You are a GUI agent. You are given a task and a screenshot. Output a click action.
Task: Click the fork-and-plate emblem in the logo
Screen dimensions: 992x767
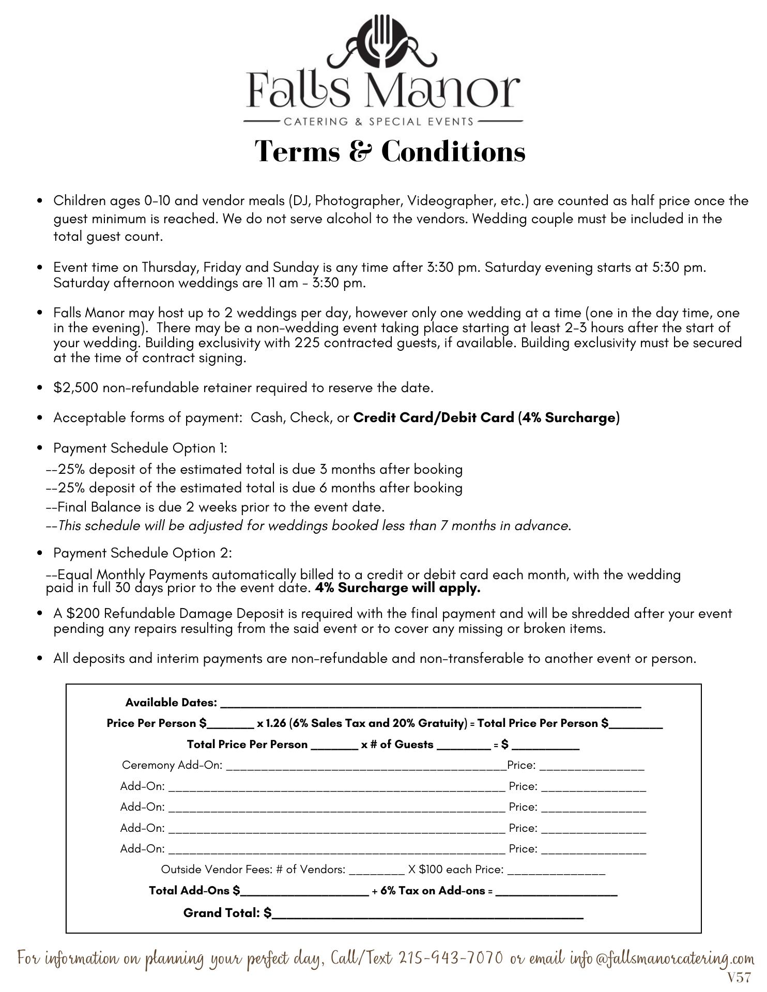pos(383,41)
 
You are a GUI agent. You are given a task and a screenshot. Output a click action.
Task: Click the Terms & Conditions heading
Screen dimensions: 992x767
pos(390,151)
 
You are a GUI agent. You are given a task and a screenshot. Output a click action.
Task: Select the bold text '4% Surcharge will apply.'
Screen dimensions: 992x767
pos(397,588)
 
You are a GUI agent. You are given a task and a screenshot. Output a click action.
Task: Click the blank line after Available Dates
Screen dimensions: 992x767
pos(431,703)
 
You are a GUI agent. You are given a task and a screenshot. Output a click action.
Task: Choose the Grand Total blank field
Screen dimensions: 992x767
pos(427,914)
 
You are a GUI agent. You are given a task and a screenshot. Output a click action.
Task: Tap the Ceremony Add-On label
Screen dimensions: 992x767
pos(172,765)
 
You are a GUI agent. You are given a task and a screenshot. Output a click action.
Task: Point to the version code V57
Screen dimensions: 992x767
pos(739,978)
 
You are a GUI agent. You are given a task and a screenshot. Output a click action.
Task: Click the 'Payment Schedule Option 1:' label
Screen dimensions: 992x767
pos(140,448)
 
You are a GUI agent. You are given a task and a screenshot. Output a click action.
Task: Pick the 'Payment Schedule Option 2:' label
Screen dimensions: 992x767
pos(143,553)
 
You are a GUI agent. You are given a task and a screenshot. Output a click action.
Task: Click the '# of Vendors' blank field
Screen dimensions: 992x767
pos(377,870)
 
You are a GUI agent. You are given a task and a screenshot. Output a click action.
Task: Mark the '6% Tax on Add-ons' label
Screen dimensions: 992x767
pos(433,891)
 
